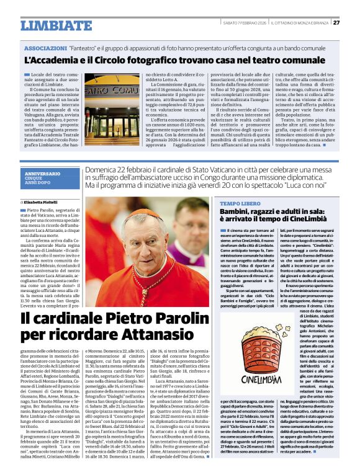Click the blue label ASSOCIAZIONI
click(45, 48)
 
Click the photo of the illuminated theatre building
click(111, 106)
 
